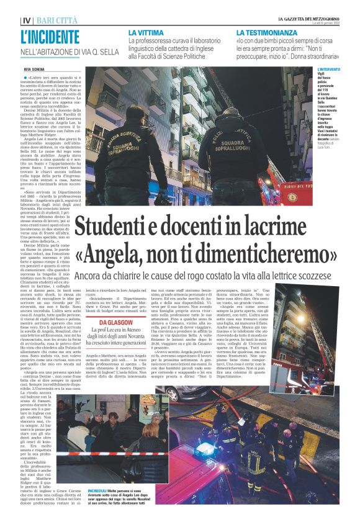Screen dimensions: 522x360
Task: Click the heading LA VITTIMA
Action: pyautogui.click(x=146, y=31)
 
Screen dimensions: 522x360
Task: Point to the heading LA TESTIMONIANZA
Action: pyautogui.click(x=267, y=31)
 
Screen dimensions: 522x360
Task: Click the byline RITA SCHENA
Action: pyautogui.click(x=35, y=70)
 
